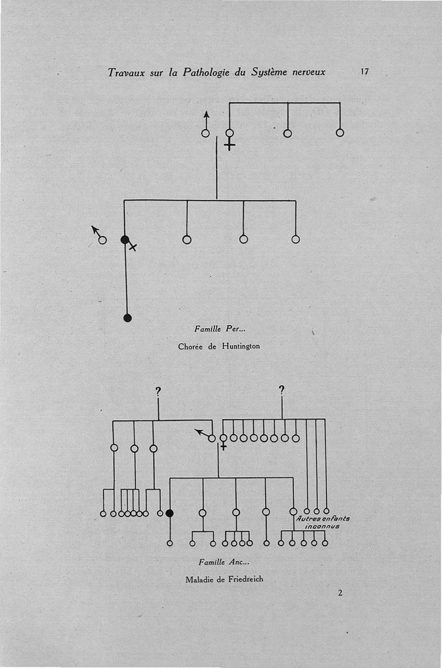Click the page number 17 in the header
coord(364,72)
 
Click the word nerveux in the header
coord(307,72)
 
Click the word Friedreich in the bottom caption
coord(246,580)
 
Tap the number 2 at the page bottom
coord(340,593)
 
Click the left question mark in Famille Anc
coord(158,392)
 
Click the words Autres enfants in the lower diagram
coord(323,519)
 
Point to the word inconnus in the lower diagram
coord(322,527)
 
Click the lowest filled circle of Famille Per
coord(128,317)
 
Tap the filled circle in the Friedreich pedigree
coord(170,513)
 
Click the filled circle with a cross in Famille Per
coord(125,239)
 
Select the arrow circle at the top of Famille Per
coord(206,133)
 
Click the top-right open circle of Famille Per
coord(340,133)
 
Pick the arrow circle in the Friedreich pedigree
coord(212,438)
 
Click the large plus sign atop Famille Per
coord(229,145)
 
